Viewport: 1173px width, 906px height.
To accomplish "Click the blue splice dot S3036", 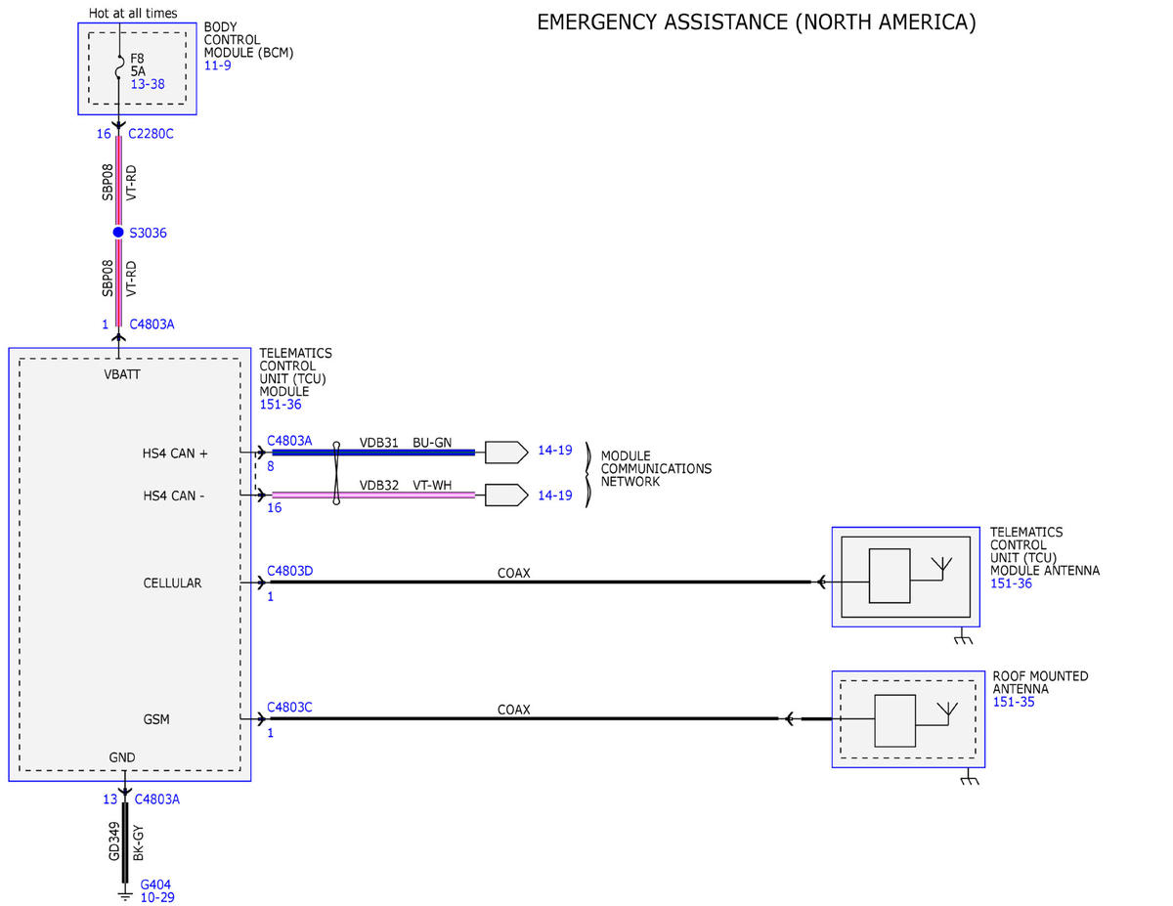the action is [118, 232].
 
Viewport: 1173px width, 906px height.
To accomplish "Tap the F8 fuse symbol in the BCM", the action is [119, 66].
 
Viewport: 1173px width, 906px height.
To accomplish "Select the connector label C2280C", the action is [151, 134].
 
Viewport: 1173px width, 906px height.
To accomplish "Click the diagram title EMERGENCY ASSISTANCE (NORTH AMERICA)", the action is [757, 22].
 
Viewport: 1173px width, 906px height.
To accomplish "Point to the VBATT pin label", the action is [122, 374].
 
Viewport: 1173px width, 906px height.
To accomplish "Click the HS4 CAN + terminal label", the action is [175, 453].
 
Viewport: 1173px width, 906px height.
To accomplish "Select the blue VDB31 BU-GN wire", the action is [373, 453].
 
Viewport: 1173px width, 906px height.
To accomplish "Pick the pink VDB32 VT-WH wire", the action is [373, 495].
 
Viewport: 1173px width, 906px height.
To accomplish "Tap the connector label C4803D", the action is [290, 571].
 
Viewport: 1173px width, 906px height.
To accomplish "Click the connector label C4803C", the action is [289, 707].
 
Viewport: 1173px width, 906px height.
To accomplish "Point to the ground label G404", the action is [155, 884].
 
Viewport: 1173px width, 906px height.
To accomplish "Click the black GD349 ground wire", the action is [125, 842].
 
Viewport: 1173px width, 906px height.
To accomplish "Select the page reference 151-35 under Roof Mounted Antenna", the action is [1014, 702].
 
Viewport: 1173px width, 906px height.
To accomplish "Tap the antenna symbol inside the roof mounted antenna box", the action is [948, 713].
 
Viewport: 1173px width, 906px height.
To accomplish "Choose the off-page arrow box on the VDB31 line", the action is [506, 453].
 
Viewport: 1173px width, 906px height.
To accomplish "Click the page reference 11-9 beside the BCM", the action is [218, 65].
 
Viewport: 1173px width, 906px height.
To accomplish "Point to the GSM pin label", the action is [156, 719].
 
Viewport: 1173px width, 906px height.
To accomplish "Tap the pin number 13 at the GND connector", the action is [110, 799].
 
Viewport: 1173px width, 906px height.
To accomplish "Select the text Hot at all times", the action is [133, 13].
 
